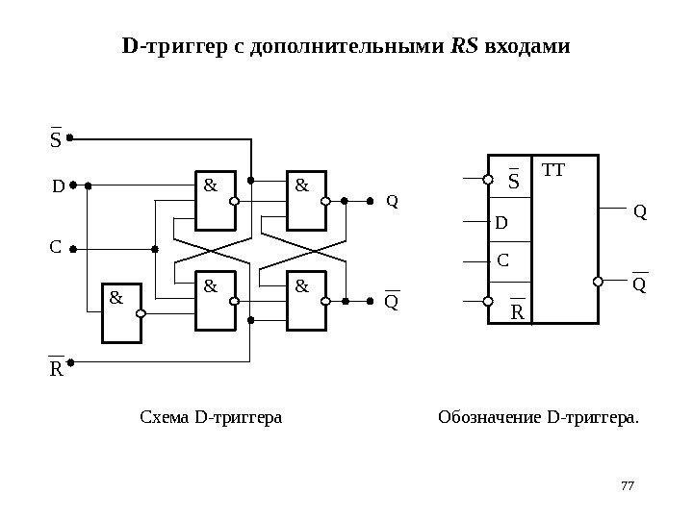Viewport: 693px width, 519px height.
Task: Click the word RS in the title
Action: point(465,45)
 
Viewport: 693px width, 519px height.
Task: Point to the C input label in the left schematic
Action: point(55,247)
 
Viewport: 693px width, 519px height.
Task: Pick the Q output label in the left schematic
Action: point(392,202)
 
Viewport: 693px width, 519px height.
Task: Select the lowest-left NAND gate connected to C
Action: point(122,314)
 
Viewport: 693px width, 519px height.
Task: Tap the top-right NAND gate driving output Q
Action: point(308,202)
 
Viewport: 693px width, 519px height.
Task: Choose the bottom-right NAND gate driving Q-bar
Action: point(308,301)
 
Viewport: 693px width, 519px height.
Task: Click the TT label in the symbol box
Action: point(555,171)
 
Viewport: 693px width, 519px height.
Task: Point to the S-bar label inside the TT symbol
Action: point(513,180)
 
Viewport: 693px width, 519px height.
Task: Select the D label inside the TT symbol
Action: point(500,224)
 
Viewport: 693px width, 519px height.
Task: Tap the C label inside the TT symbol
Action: point(502,260)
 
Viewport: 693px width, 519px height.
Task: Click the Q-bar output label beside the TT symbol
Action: point(640,284)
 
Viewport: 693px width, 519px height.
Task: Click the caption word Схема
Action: point(165,417)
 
